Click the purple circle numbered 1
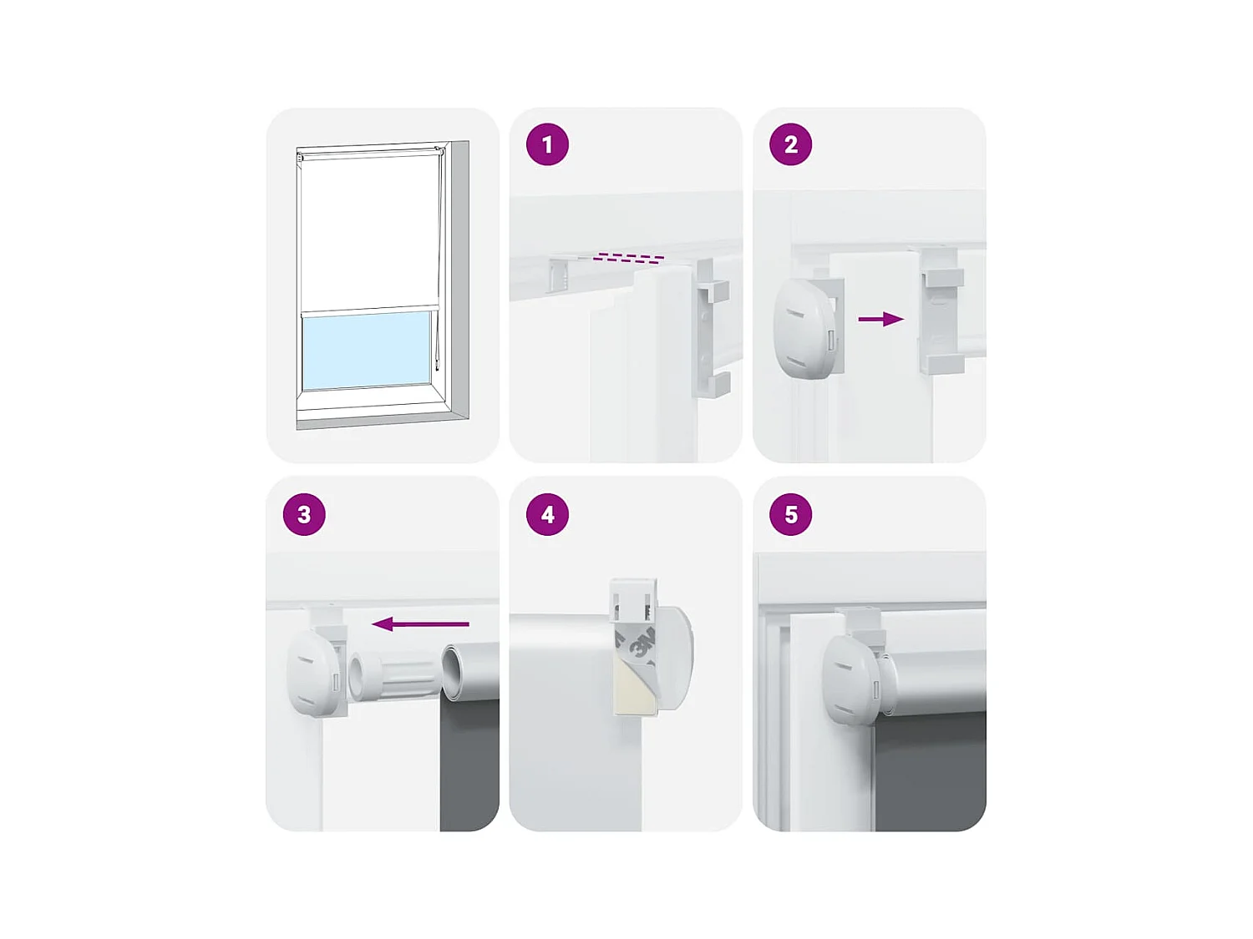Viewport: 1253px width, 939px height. [x=547, y=144]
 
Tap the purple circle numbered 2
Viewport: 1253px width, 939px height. [x=790, y=144]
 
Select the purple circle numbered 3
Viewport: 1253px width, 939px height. [x=304, y=514]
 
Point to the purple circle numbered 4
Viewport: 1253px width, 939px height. [x=547, y=514]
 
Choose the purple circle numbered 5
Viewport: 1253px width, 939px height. [x=790, y=514]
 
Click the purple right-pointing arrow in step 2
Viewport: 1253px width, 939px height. [x=880, y=319]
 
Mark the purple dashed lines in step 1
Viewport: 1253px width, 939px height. [x=629, y=258]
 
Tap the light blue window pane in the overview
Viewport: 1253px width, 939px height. [x=366, y=350]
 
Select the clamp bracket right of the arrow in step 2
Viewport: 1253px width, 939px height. [x=942, y=310]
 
